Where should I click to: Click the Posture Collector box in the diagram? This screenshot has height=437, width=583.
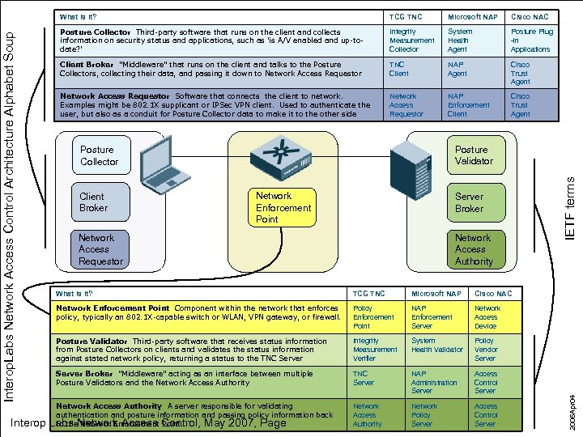coord(99,155)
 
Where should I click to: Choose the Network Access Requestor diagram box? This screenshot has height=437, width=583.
coord(100,249)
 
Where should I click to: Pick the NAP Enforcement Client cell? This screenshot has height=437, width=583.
coord(468,105)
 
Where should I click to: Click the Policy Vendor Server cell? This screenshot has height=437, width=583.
coord(485,350)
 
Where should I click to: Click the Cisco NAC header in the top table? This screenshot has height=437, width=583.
coord(530,16)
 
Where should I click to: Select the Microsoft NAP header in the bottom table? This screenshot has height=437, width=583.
coord(436,293)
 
